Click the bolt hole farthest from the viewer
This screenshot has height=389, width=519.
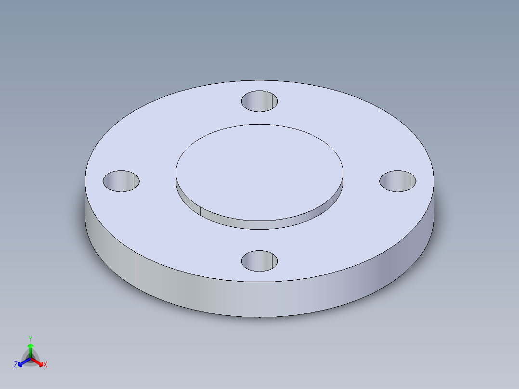click(259, 101)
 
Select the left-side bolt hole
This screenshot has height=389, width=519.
click(121, 181)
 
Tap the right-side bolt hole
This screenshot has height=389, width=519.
click(398, 181)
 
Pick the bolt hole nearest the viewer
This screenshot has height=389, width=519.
click(259, 260)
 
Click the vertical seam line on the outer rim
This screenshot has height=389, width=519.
click(136, 270)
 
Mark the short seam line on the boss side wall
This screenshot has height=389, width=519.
click(200, 210)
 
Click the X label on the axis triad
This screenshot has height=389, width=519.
click(45, 365)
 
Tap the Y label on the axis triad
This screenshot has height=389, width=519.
click(30, 338)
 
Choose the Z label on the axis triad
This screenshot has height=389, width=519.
click(16, 365)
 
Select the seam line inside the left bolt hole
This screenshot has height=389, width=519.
click(132, 181)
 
